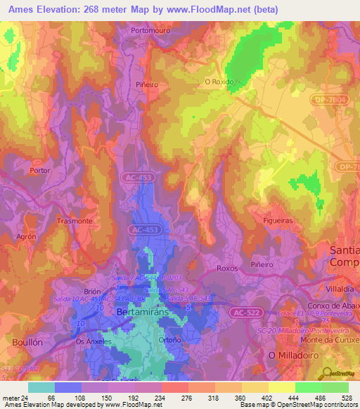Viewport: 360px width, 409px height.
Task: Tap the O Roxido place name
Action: (219, 81)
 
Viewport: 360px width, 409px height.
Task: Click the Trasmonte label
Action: (75, 221)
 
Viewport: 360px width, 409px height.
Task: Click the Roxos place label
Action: (228, 268)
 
